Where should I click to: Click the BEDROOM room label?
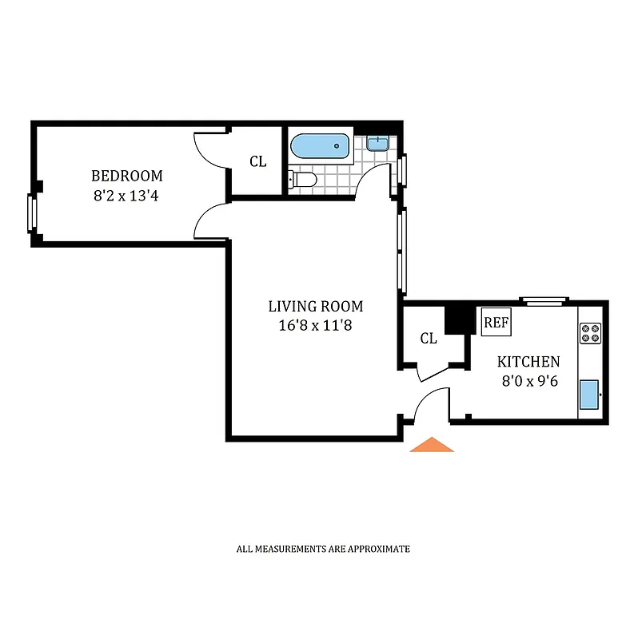[126, 176]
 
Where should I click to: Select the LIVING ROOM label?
[315, 306]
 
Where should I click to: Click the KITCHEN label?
[528, 362]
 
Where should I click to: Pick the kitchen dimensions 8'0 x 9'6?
[528, 381]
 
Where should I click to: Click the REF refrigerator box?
[496, 322]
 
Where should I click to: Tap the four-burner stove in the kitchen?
[590, 332]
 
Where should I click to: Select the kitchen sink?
[589, 394]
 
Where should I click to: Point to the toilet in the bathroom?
[303, 180]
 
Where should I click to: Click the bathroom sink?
[378, 144]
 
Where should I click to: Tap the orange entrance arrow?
[432, 445]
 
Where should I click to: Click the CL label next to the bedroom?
[257, 161]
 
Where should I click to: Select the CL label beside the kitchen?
[429, 338]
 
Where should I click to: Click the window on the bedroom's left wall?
[32, 213]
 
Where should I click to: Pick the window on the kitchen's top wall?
[544, 301]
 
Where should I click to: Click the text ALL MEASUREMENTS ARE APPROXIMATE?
[323, 549]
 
